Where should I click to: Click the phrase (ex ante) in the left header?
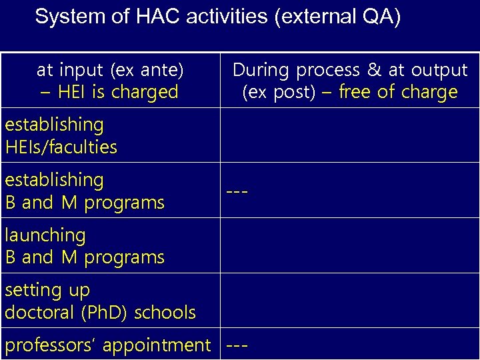click(147, 69)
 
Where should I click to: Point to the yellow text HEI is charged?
click(118, 92)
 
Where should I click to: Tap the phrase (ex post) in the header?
click(278, 92)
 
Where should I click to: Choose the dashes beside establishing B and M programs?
click(237, 192)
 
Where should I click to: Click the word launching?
click(45, 235)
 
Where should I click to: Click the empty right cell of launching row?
click(349, 245)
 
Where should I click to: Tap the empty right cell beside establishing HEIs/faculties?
click(349, 135)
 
